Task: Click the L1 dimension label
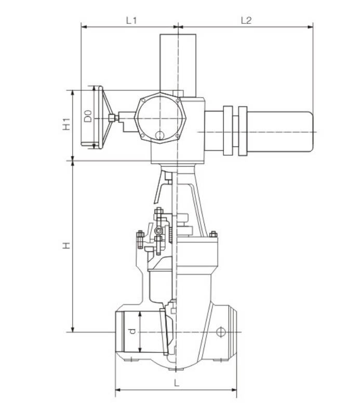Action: (x=131, y=20)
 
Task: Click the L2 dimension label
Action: (x=246, y=20)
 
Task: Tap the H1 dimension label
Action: (x=66, y=125)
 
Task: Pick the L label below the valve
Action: (x=177, y=383)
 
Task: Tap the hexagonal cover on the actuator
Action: (x=161, y=118)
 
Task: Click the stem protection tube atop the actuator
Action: (x=178, y=63)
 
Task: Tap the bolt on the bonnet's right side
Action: (x=213, y=235)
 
